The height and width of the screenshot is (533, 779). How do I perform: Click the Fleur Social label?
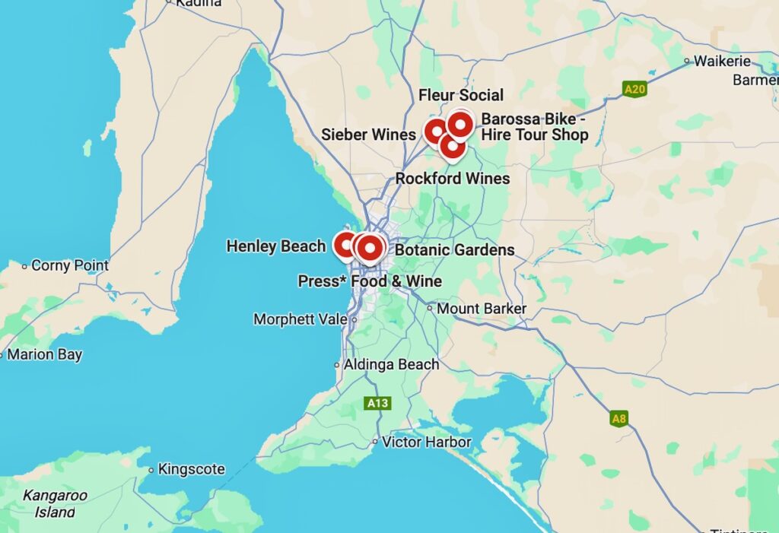461,95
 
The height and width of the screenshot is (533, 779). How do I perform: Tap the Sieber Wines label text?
368,135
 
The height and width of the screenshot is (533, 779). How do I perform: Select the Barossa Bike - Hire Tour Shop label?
535,127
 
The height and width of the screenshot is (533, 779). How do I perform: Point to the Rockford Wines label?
453,179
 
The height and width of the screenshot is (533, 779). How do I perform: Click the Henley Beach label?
276,246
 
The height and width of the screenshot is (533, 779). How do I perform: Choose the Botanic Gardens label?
455,249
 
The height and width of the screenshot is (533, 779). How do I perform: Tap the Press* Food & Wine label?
370,281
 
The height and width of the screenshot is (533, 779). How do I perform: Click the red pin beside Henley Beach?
345,245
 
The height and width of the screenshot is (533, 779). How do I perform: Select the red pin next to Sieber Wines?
435,132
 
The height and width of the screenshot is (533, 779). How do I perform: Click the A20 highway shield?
634,90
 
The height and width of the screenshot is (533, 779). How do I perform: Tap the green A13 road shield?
377,403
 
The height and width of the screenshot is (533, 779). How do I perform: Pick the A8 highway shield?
619,419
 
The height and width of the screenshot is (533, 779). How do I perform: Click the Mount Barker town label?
482,309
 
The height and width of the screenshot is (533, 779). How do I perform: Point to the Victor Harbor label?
427,442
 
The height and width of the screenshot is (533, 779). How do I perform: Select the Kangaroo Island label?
55,503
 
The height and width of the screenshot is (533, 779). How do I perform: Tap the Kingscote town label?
191,469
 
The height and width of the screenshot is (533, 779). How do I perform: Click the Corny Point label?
70,265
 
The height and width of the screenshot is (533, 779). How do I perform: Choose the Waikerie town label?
722,61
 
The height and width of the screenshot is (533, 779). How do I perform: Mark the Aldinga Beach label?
391,364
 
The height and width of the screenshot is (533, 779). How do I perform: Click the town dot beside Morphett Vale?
354,320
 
